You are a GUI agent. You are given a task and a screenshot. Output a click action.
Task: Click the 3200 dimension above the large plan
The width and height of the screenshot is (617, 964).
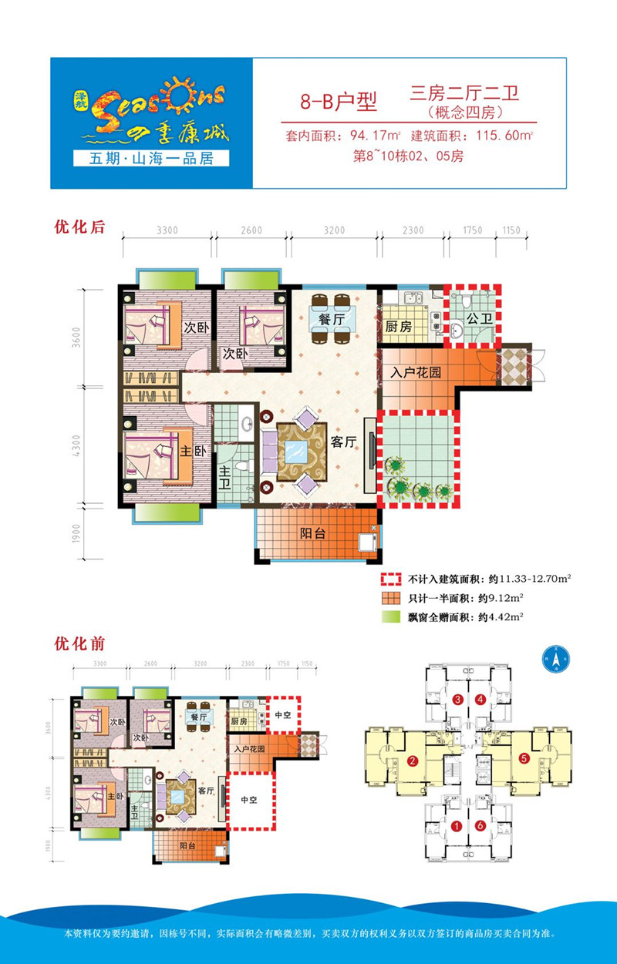click(x=334, y=230)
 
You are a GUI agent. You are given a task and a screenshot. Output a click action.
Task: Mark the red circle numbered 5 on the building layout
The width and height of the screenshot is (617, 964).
click(x=524, y=758)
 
